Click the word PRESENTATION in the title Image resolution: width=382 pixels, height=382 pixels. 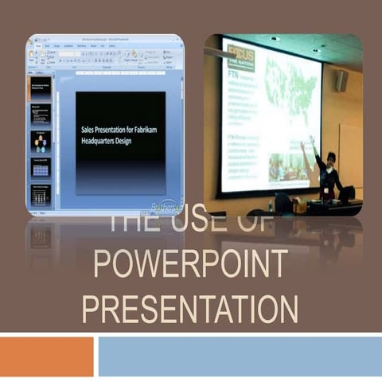191,309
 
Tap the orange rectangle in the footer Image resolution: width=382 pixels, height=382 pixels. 46,356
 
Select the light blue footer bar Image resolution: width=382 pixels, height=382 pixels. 240,356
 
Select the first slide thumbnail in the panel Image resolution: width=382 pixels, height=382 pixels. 41,88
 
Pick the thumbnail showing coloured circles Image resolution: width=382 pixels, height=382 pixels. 41,142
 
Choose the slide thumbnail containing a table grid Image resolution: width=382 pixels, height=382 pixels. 41,169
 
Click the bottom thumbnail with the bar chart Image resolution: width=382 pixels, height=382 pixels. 41,195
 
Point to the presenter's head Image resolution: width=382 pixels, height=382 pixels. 330,158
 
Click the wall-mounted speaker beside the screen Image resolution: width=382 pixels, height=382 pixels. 341,80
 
